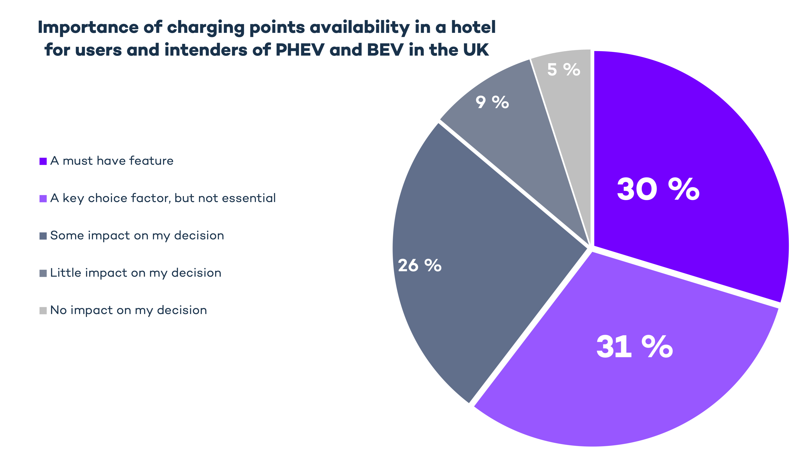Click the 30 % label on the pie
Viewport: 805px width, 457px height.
pos(658,189)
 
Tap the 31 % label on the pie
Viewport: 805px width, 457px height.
pos(634,347)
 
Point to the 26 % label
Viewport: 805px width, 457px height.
pos(420,266)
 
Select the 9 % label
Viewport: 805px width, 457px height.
pos(492,102)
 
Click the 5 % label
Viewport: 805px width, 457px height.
pos(563,69)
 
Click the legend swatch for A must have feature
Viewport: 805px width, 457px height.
pos(43,161)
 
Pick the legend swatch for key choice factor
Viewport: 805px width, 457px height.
pos(43,199)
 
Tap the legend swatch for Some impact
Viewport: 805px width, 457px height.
pos(43,236)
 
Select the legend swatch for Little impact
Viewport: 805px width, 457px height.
pos(43,273)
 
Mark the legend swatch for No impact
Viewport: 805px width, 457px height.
pos(43,311)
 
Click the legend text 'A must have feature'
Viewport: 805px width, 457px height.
pos(112,161)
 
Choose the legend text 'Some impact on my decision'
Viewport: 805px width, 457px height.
pos(137,235)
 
